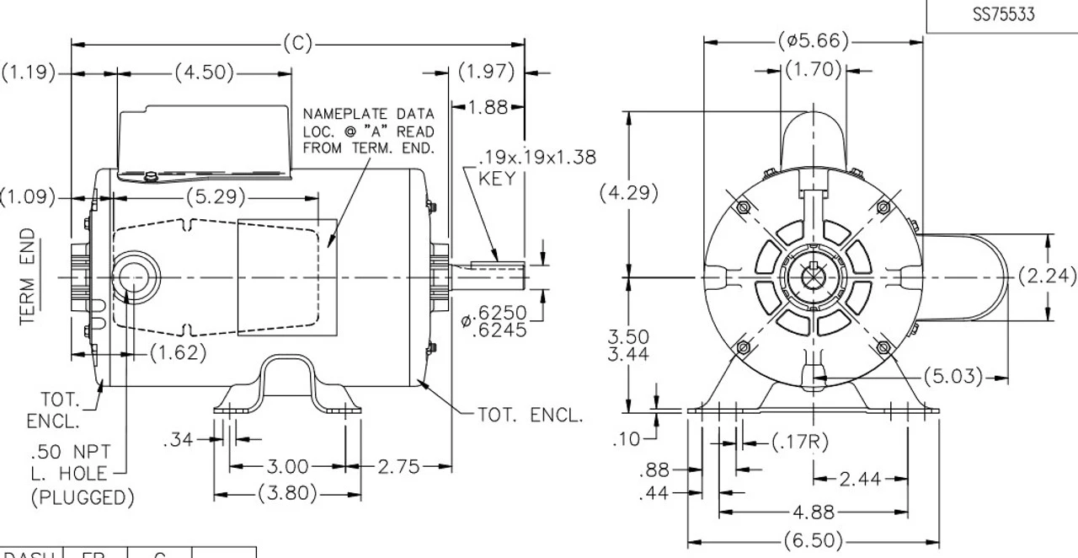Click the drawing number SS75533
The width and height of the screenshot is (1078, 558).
pyautogui.click(x=1002, y=15)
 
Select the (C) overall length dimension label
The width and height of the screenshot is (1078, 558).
pyautogui.click(x=297, y=43)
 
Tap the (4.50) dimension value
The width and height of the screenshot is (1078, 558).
pyautogui.click(x=205, y=72)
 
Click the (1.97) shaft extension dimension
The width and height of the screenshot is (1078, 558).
pyautogui.click(x=487, y=72)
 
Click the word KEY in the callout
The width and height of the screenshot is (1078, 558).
pyautogui.click(x=497, y=179)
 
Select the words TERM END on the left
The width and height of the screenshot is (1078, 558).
pyautogui.click(x=29, y=276)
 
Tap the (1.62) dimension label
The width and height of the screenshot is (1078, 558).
pyautogui.click(x=177, y=353)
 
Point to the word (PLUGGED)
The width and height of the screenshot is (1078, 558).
pyautogui.click(x=82, y=498)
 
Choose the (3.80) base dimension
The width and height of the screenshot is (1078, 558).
pyautogui.click(x=286, y=494)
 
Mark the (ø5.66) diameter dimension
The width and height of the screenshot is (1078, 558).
pyautogui.click(x=813, y=41)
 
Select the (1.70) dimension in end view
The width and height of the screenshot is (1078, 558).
pyautogui.click(x=814, y=71)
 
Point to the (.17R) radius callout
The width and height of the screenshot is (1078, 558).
pyautogui.click(x=800, y=442)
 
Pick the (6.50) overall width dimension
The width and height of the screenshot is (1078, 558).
pyautogui.click(x=813, y=540)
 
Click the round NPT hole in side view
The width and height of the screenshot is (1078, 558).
pyautogui.click(x=133, y=276)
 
